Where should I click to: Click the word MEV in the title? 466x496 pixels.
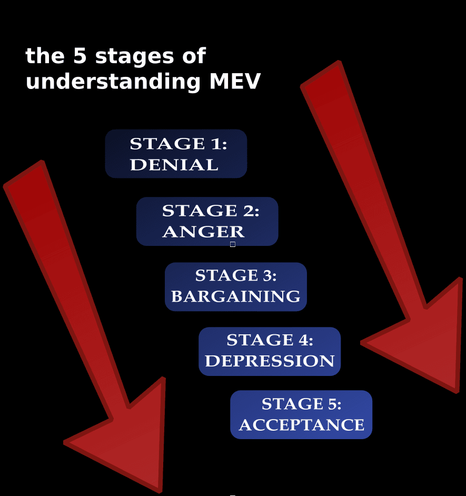235,81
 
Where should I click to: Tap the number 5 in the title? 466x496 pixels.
80,56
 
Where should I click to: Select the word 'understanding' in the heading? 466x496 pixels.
113,81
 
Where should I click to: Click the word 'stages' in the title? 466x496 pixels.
134,57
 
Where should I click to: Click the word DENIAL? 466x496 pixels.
174,165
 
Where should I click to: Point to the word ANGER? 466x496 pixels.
203,232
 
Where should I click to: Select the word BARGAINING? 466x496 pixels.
236,296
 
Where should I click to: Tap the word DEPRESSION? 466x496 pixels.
270,361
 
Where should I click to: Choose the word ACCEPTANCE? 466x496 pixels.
302,425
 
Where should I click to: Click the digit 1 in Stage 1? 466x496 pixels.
216,144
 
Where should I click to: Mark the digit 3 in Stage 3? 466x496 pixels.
267,275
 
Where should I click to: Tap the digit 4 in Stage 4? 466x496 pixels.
303,340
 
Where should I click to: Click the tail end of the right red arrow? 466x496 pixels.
320,73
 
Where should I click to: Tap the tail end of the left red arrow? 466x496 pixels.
23,173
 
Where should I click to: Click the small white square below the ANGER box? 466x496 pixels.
233,244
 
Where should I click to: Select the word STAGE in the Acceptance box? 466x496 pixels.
292,404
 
